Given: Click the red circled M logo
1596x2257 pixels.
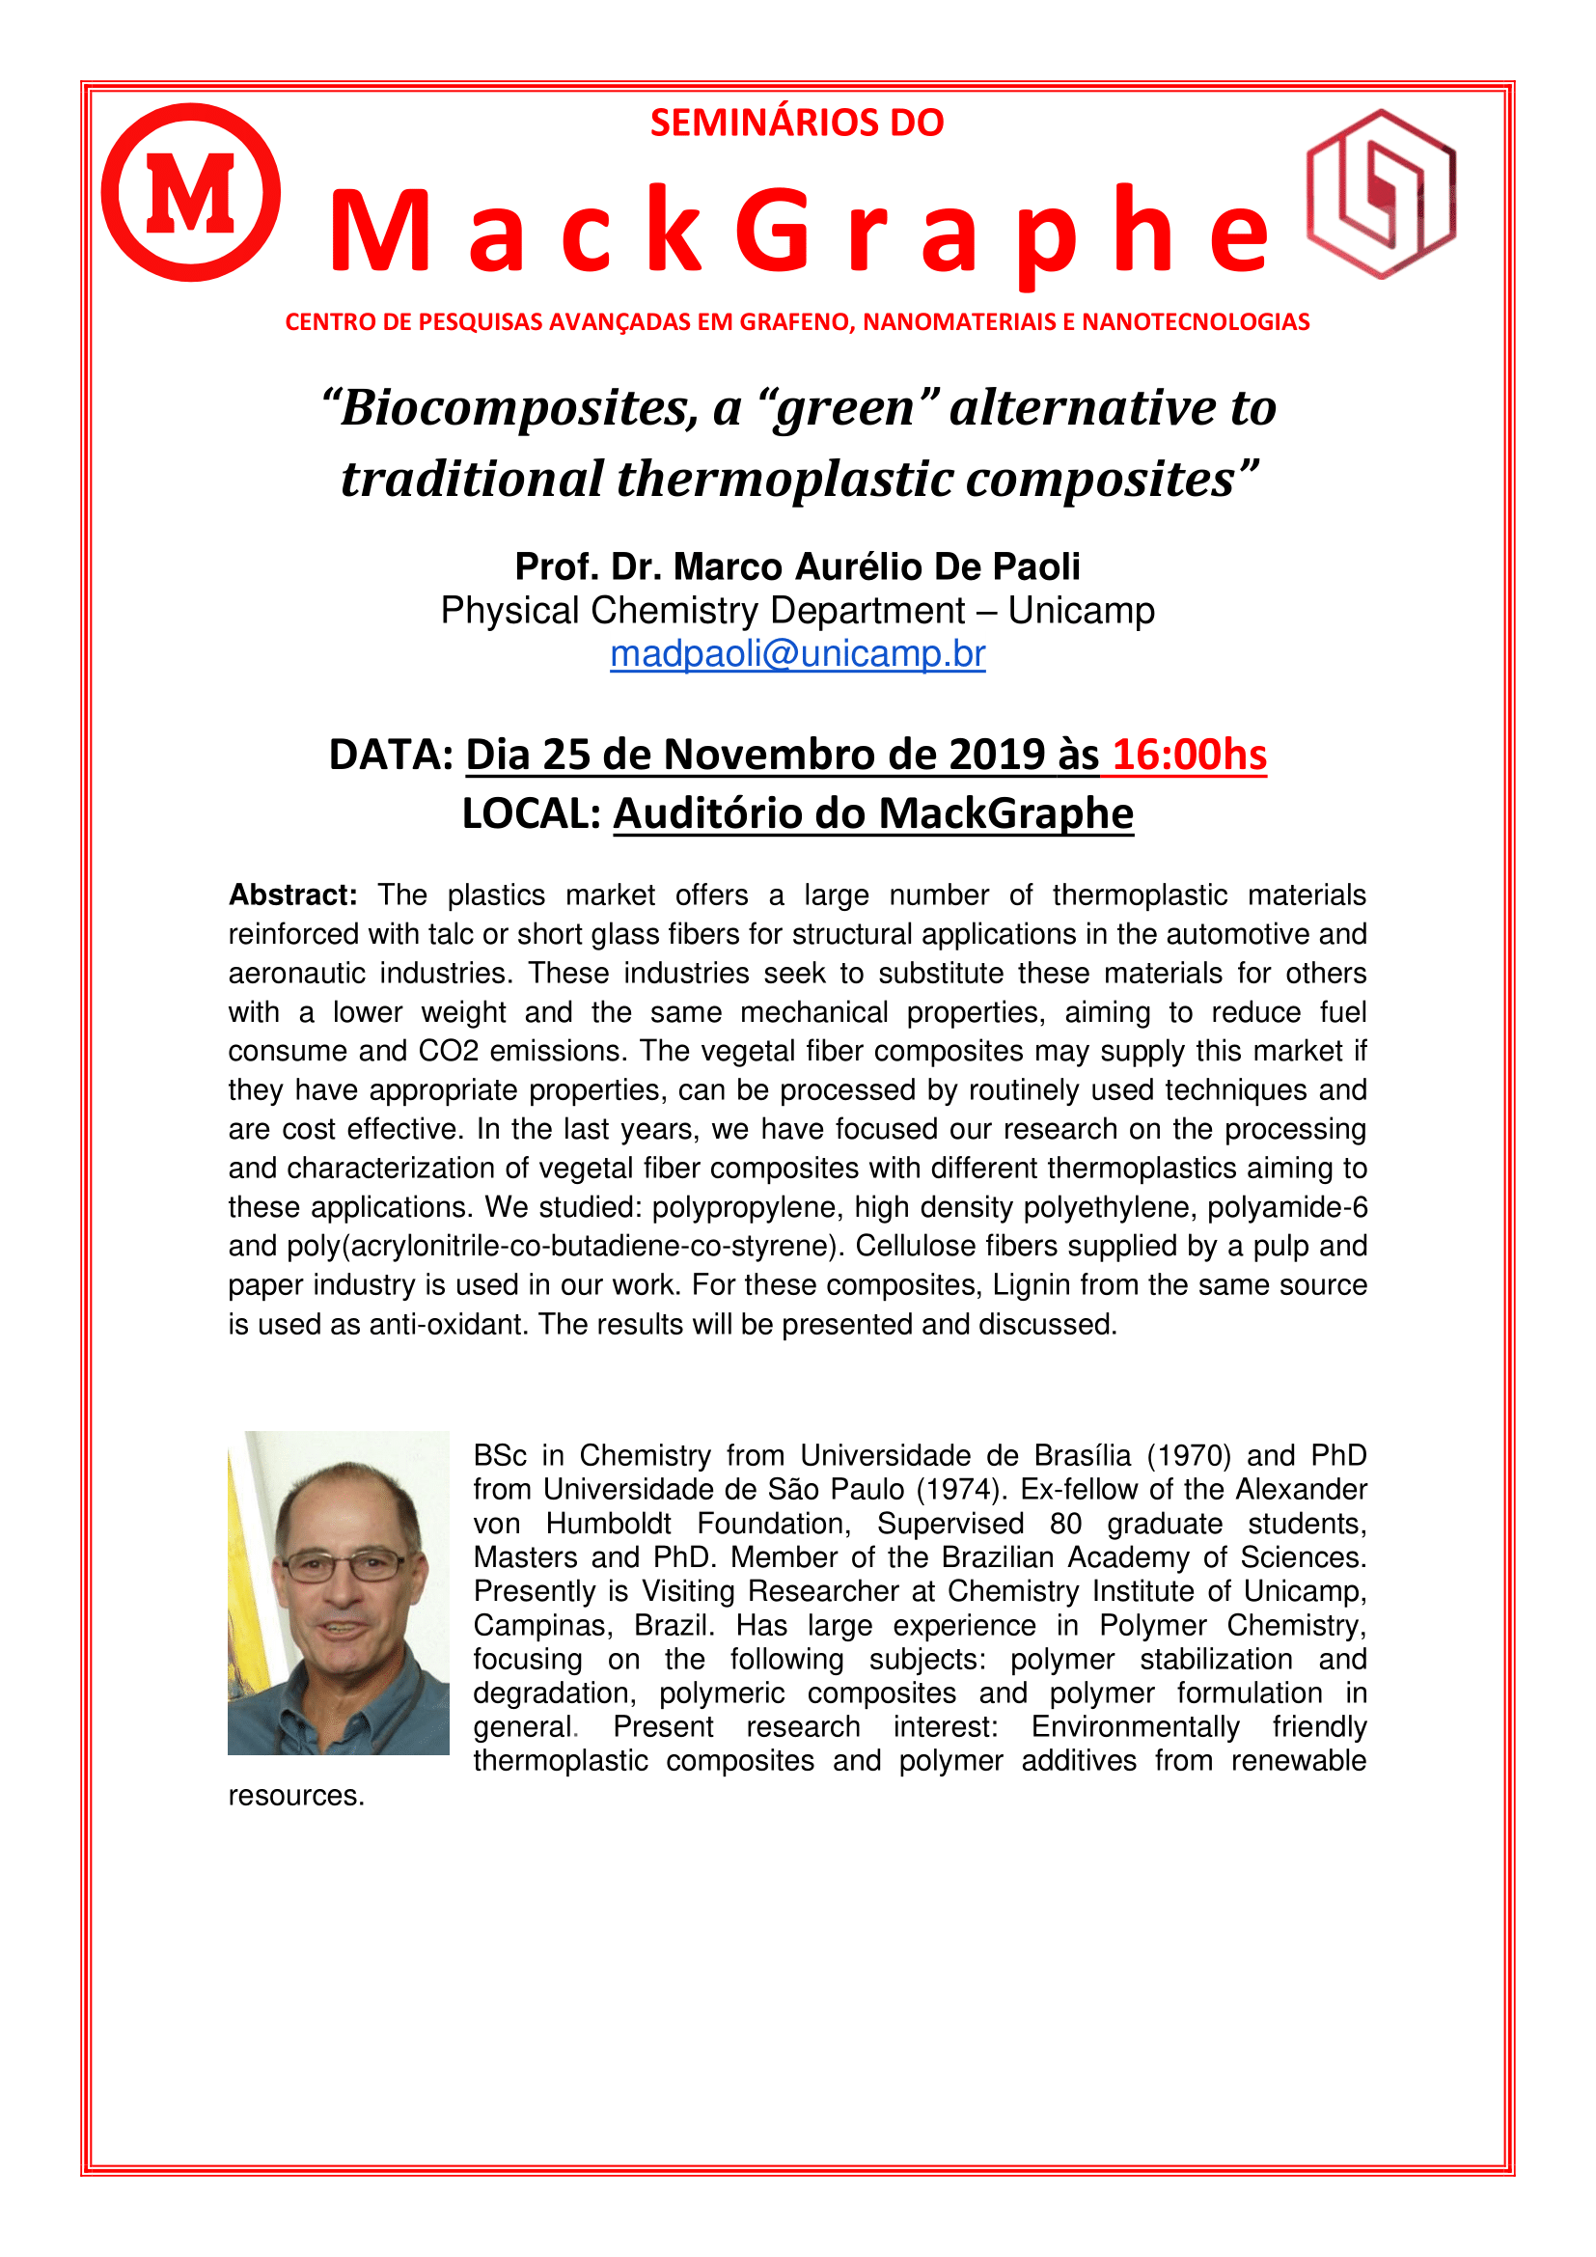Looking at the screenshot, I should (x=191, y=193).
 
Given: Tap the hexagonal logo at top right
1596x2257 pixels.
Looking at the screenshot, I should (x=1381, y=194).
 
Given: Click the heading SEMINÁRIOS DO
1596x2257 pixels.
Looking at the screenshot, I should (x=797, y=123).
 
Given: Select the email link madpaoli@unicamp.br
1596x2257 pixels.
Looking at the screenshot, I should (x=797, y=653).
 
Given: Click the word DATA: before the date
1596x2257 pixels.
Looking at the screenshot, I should (x=391, y=755).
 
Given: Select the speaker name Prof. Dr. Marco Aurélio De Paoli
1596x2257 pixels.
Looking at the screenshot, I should (x=797, y=567).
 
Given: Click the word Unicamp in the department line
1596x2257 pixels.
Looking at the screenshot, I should (x=1081, y=611).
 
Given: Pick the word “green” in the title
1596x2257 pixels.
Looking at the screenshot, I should (x=848, y=407).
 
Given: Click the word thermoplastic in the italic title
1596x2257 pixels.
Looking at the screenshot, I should (x=784, y=480).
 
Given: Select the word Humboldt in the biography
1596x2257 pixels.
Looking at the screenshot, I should (x=608, y=1524).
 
